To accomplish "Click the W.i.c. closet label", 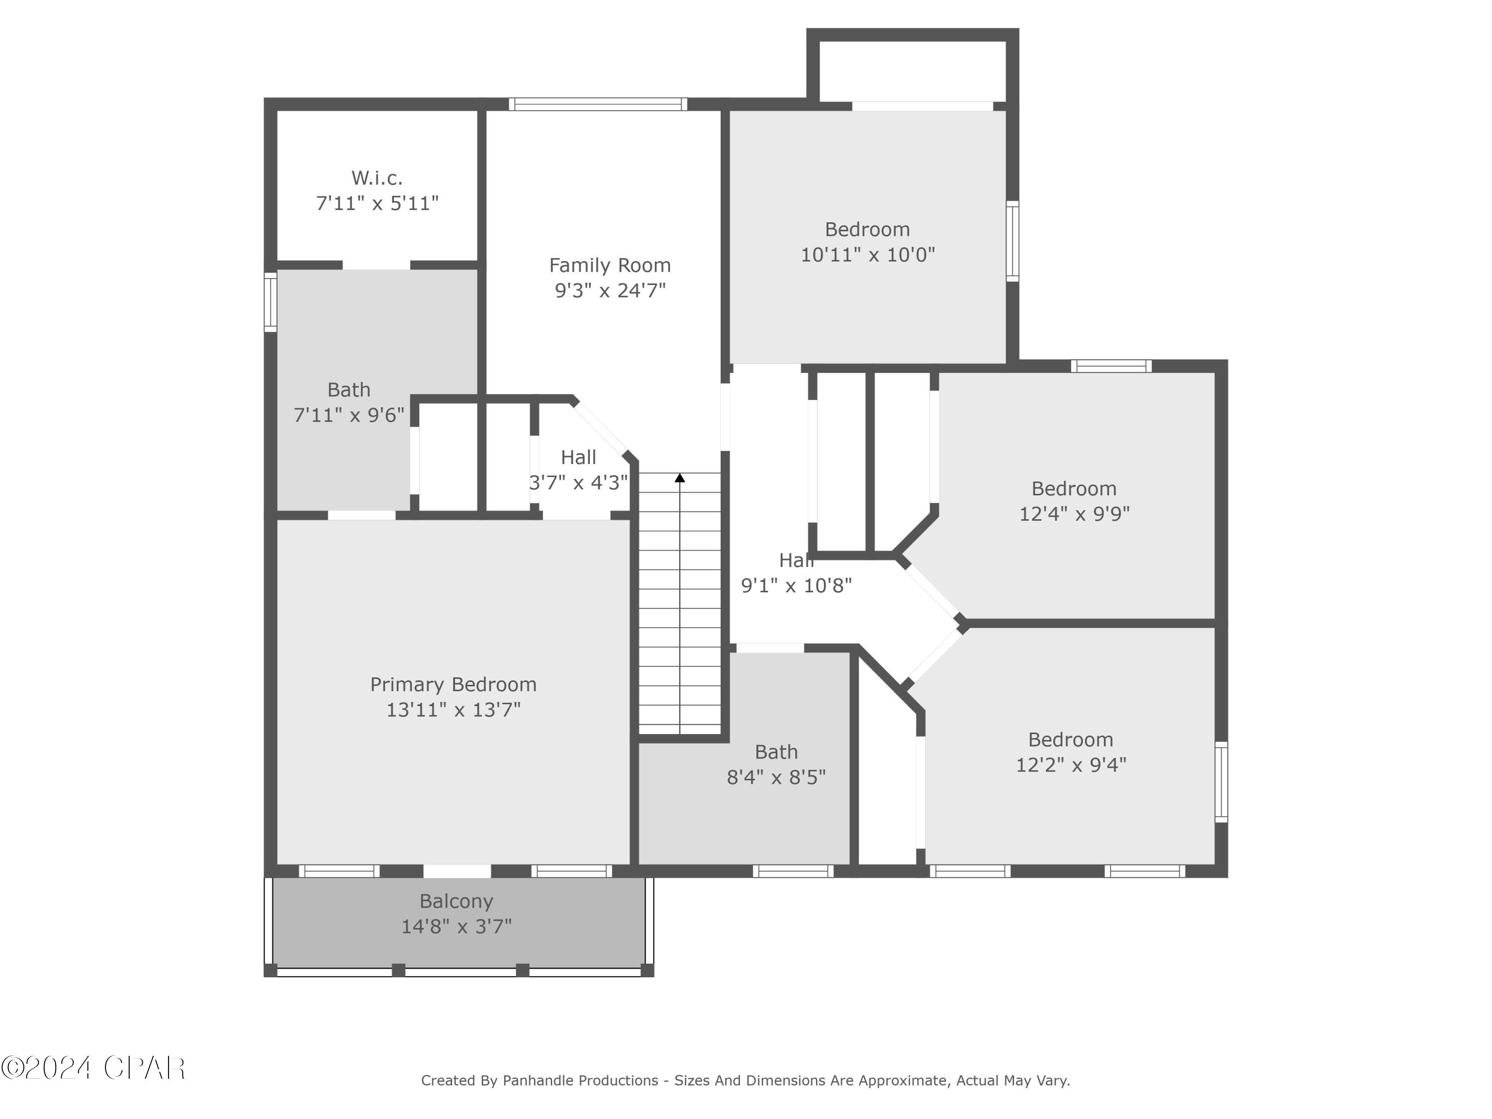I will click(376, 178).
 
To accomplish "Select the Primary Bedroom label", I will click(453, 685).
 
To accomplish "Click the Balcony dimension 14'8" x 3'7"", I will click(457, 927).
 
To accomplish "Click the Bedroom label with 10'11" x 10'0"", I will click(867, 229).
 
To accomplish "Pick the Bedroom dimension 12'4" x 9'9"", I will click(1074, 514).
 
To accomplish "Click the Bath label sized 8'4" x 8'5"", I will click(776, 752).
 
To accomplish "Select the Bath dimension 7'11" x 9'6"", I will click(349, 415).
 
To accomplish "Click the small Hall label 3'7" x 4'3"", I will click(578, 458).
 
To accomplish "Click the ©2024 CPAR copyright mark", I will click(93, 1068).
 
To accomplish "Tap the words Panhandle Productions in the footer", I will click(580, 1081).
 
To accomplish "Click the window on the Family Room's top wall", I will click(598, 104).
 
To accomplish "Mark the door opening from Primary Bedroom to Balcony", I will click(457, 871).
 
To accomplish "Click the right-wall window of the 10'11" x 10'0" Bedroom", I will click(1013, 241).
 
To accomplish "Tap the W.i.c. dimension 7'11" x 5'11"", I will click(377, 203).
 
